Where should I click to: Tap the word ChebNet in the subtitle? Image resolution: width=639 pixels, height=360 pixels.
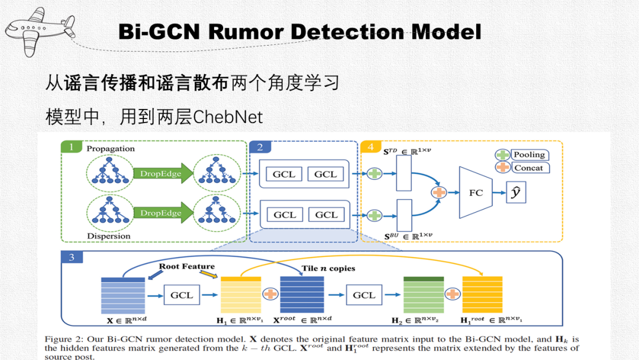228,117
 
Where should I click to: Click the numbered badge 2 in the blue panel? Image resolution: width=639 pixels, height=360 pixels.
260,147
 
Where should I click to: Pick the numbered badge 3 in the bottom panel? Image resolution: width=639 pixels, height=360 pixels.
72,257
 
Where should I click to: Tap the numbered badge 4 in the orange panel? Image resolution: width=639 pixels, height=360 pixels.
370,147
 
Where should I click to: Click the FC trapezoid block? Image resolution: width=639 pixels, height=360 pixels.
476,192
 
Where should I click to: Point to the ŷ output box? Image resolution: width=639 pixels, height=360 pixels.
516,193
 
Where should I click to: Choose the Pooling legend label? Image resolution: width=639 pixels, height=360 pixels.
528,155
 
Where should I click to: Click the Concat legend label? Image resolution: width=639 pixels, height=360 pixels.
528,168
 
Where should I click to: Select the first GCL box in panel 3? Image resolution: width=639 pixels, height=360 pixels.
182,295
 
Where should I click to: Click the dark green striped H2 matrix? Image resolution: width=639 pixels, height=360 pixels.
423,294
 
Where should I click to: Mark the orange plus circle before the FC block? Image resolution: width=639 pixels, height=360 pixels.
439,192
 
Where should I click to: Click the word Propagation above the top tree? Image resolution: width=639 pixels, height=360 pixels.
111,149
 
